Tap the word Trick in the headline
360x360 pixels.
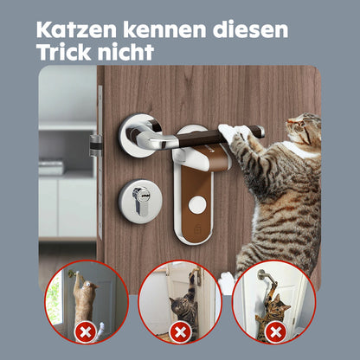click(64, 52)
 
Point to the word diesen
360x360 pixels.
click(250, 30)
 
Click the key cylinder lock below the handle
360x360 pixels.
click(140, 198)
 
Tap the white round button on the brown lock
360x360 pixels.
click(197, 204)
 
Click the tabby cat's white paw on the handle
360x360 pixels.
click(232, 132)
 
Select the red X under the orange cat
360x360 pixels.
click(85, 332)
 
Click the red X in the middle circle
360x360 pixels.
click(180, 332)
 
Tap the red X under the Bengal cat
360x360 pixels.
click(275, 332)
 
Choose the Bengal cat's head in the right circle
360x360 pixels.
click(280, 305)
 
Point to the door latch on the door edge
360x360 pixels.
click(95, 145)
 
